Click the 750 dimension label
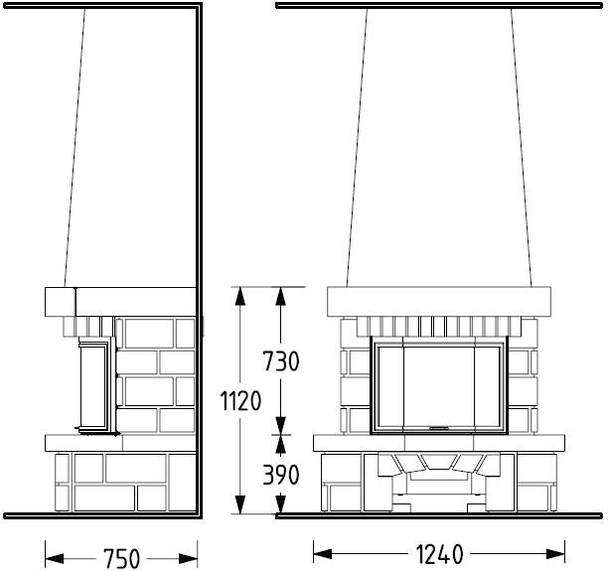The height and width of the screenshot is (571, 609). click(x=121, y=558)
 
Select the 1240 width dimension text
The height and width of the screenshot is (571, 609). click(x=439, y=554)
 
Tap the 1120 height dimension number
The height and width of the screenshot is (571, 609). click(x=240, y=400)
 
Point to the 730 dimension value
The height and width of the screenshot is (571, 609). click(x=281, y=361)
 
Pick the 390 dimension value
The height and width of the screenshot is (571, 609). click(x=281, y=474)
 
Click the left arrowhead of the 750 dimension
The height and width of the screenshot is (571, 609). click(x=55, y=559)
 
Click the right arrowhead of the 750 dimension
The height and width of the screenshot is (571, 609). click(x=188, y=559)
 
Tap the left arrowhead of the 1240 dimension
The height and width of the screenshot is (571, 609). click(x=322, y=554)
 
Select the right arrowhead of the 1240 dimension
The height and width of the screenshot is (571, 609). click(x=555, y=554)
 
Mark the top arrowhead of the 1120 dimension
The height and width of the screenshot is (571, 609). click(x=240, y=297)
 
